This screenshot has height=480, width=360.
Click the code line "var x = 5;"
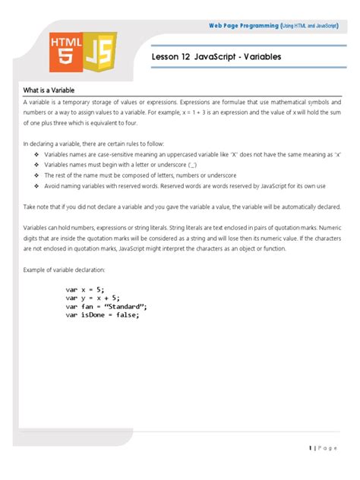click(86, 290)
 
